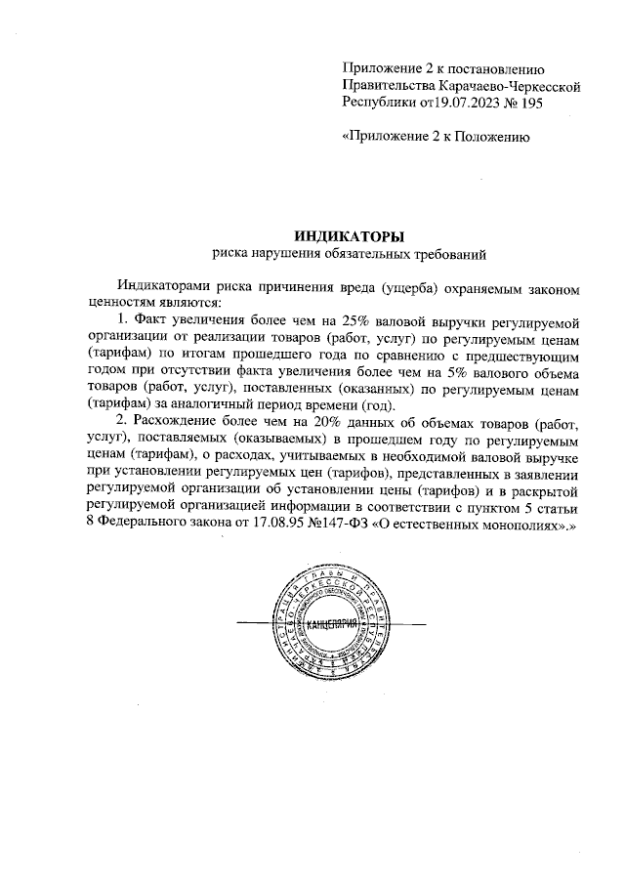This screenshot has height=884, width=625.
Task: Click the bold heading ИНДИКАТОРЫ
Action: [x=348, y=235]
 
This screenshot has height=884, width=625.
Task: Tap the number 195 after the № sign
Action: [x=530, y=101]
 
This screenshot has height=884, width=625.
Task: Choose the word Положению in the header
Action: [x=494, y=137]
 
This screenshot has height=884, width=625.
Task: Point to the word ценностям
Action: [x=120, y=303]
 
